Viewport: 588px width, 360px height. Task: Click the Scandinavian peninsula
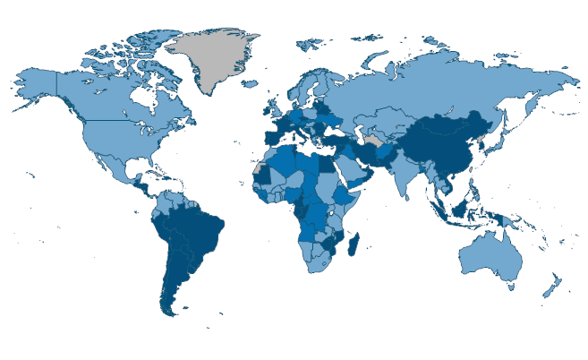[304, 85]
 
